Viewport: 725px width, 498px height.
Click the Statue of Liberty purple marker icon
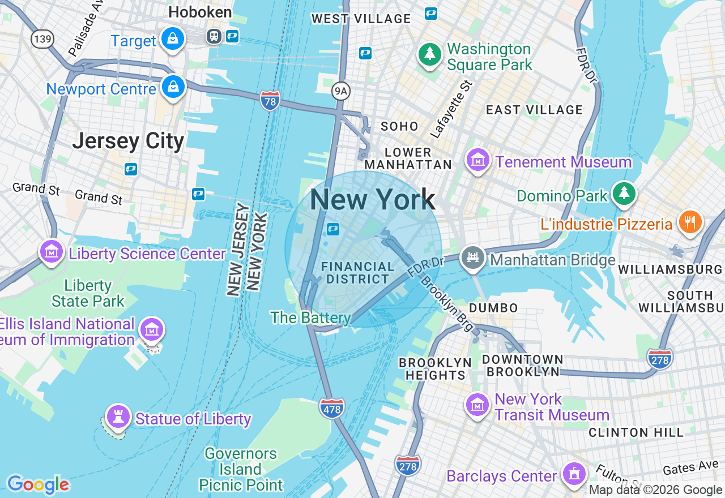pos(118,417)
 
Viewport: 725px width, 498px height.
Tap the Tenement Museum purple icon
pos(478,160)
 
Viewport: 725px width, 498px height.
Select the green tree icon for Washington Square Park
pos(430,54)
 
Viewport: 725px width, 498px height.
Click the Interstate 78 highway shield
pos(270,100)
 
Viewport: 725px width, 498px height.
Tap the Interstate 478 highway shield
pos(331,408)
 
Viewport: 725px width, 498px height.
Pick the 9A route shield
pos(340,90)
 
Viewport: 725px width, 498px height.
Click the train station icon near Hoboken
pos(214,36)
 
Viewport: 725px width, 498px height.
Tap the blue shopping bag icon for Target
pos(172,38)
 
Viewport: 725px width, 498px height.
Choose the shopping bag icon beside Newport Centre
pos(172,87)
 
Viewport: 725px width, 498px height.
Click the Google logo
pos(38,484)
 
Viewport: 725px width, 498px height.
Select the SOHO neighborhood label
pos(399,126)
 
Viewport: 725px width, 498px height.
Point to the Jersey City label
pos(128,141)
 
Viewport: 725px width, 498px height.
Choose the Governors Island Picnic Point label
pos(241,470)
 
